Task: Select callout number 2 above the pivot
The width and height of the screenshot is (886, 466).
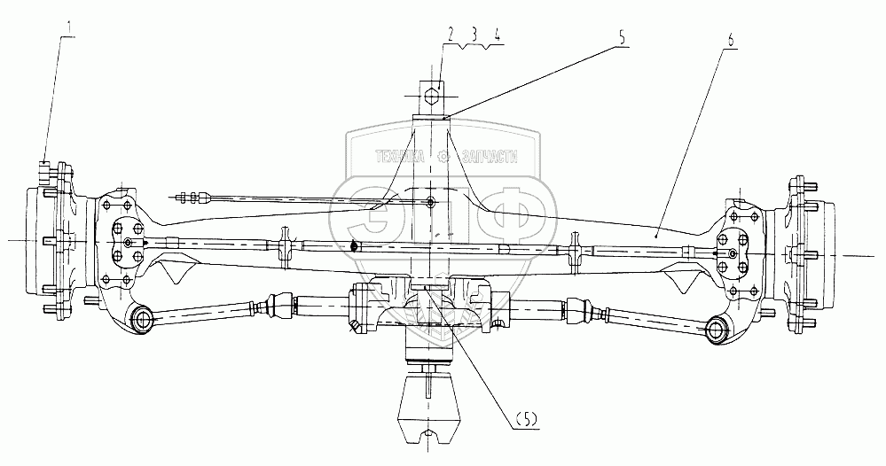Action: click(x=451, y=36)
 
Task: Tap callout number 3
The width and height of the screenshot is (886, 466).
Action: click(x=474, y=36)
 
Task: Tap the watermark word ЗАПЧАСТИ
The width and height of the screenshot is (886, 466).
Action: click(x=487, y=157)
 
